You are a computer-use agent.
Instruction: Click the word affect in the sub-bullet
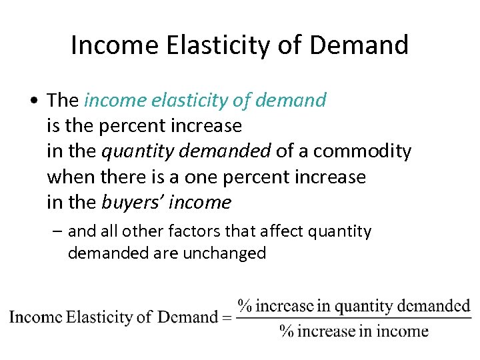pos(275,231)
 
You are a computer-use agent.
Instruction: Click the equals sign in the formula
pos(227,317)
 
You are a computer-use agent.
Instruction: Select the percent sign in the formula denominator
pos(287,331)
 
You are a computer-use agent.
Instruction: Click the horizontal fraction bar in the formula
pos(354,318)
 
